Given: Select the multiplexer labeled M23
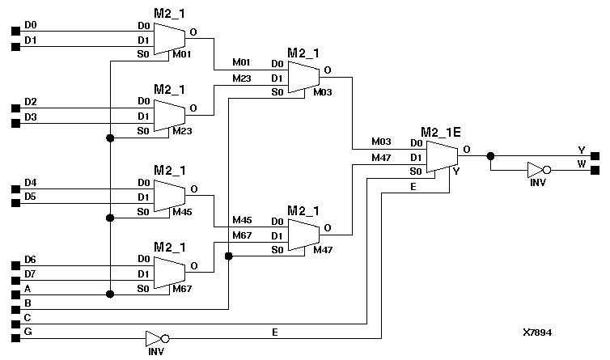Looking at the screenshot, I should tap(169, 115).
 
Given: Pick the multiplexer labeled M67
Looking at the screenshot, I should tap(169, 273).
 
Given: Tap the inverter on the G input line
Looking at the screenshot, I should tap(155, 338).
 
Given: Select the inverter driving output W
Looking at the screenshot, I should tap(536, 171).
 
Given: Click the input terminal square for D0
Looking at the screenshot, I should tap(15, 32).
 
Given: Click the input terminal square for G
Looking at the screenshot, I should tap(15, 338).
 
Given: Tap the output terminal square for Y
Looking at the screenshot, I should tap(595, 155).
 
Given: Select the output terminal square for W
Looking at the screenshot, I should tap(595, 171).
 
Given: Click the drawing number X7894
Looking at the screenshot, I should tap(538, 332).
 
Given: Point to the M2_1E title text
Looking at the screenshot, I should tap(440, 131).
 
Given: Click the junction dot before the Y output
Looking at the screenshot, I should tap(489, 155).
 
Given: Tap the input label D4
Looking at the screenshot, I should tap(30, 182).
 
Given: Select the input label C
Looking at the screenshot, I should tap(28, 318).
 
